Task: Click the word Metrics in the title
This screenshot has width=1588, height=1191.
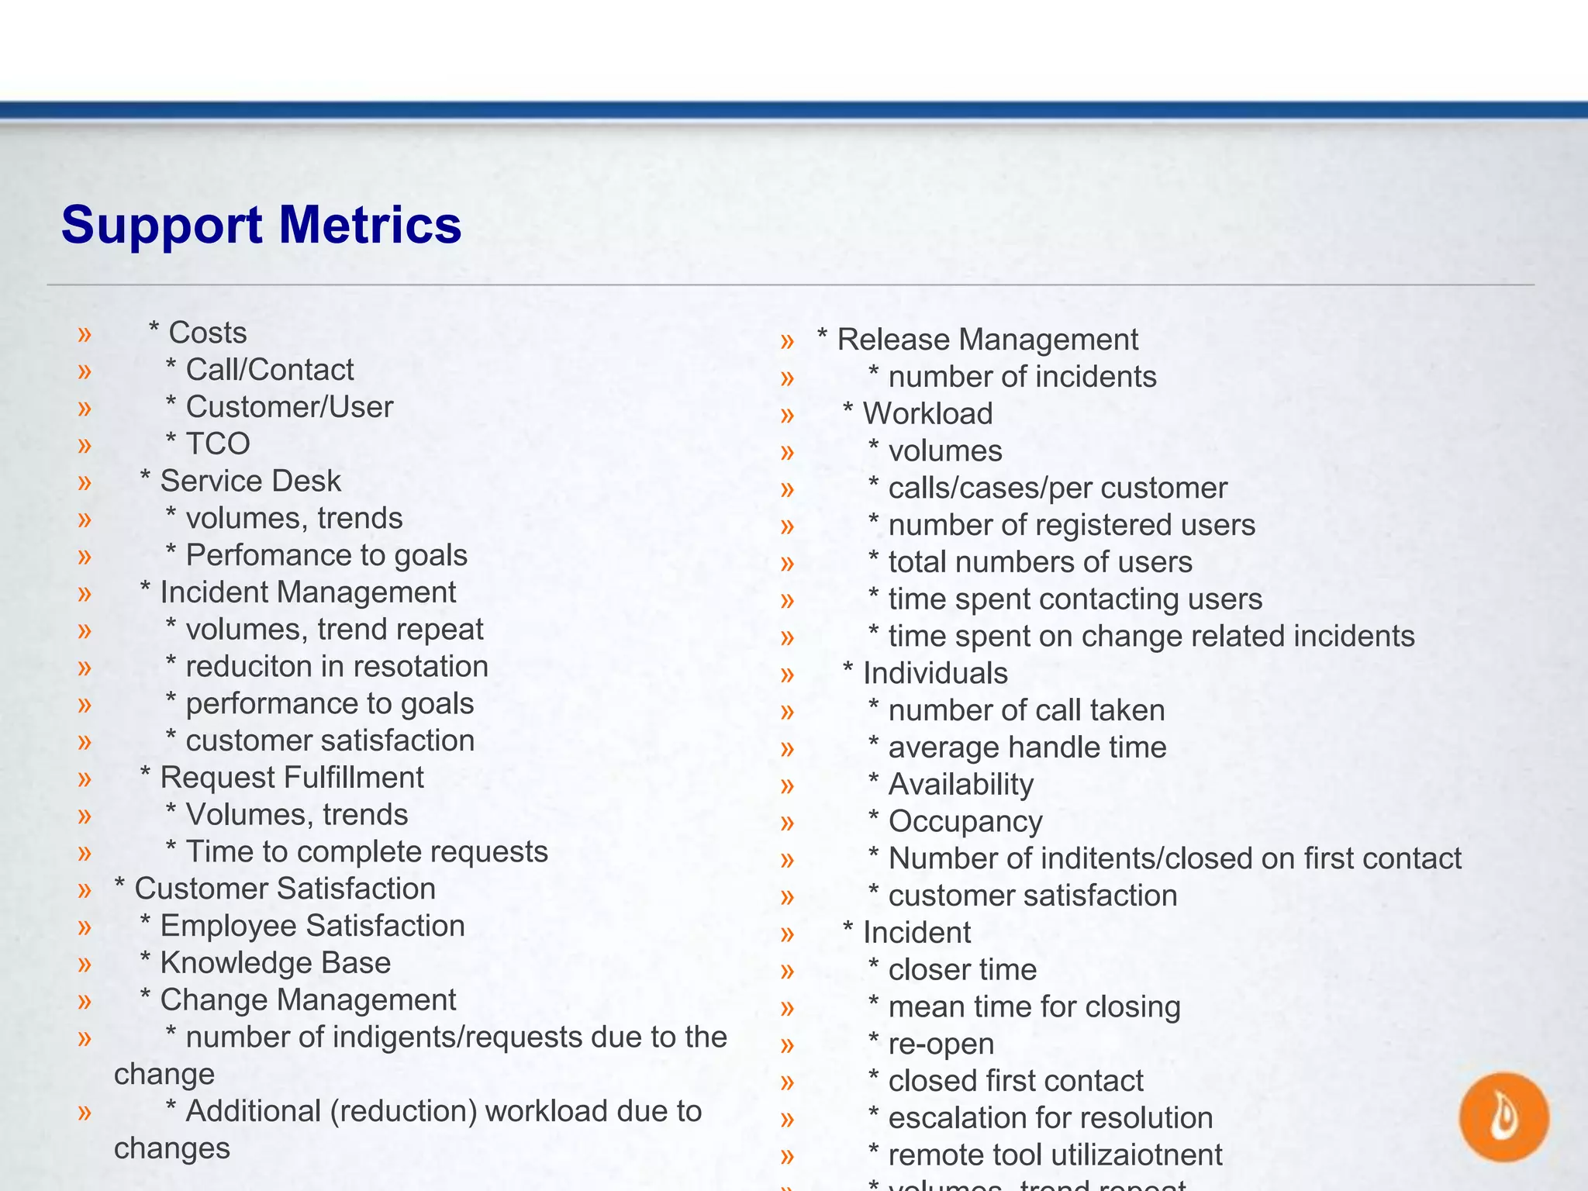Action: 370,225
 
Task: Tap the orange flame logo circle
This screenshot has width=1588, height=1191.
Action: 1503,1117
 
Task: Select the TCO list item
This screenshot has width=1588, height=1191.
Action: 217,444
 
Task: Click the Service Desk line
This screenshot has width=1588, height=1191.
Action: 250,482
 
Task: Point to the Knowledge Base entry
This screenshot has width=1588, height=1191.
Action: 274,963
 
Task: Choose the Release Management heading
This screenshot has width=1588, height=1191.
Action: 987,340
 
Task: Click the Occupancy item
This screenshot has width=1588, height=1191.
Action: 965,821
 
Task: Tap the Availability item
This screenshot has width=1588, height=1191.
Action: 960,785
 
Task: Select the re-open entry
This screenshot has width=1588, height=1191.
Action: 941,1044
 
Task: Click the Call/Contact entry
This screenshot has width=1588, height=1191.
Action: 269,370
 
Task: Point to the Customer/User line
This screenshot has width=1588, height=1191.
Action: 289,407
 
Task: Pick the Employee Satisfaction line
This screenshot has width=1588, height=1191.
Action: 312,926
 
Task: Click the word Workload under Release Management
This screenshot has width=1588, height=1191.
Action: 927,414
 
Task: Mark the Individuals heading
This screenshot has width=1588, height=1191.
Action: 935,674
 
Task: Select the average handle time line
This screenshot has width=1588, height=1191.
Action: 1027,747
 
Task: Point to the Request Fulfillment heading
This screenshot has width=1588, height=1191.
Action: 292,778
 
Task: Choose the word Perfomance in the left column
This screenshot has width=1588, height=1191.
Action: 257,556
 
